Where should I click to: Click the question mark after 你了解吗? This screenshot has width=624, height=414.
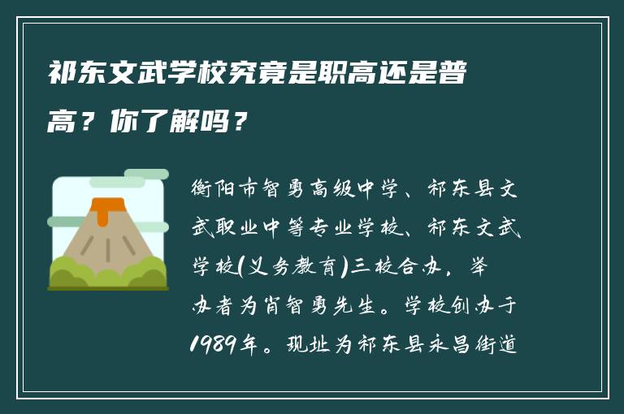coord(238,123)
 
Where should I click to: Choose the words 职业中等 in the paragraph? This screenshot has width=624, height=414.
coord(285,230)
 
